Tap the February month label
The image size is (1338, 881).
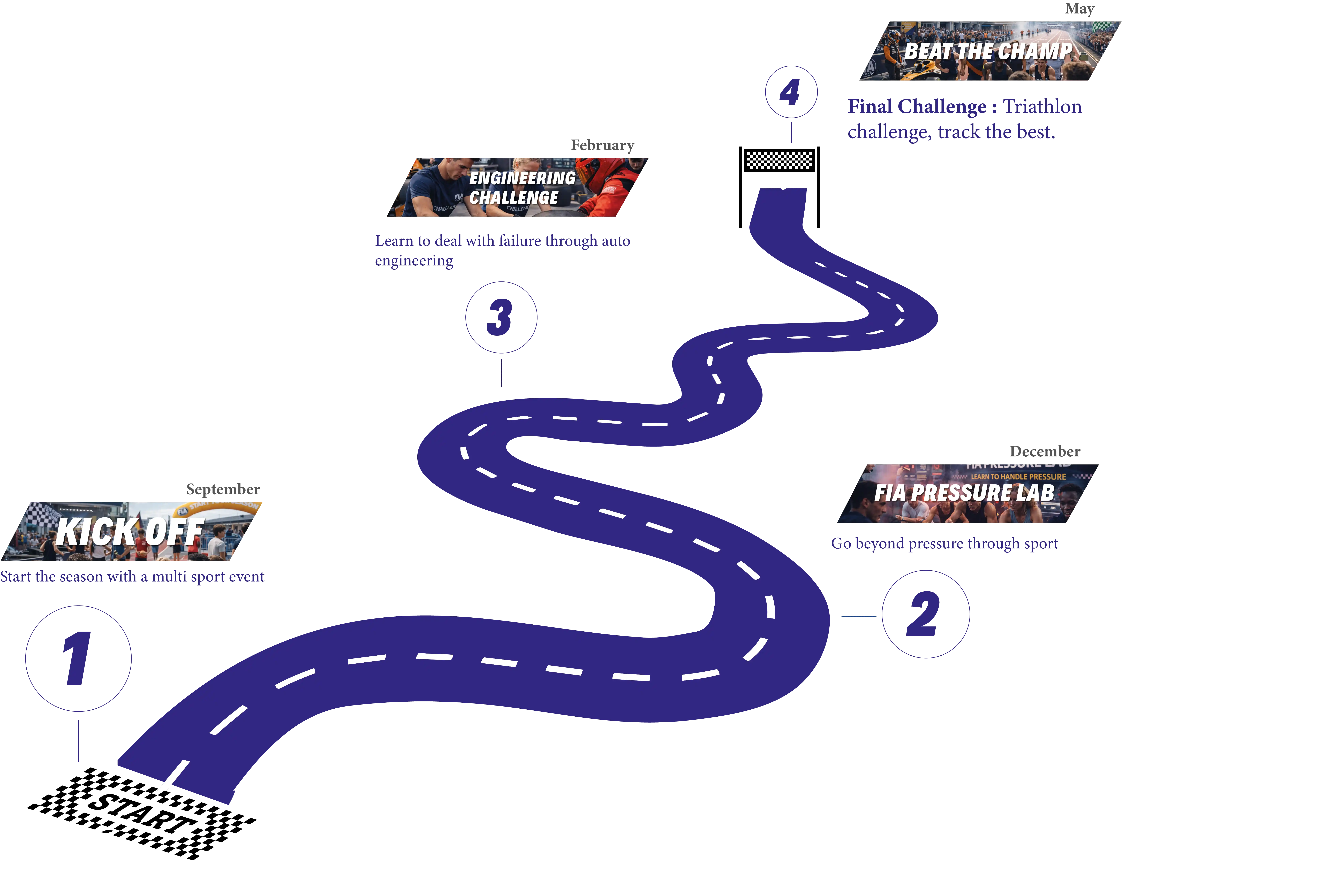tap(602, 145)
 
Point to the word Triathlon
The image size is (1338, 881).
tap(1042, 106)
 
